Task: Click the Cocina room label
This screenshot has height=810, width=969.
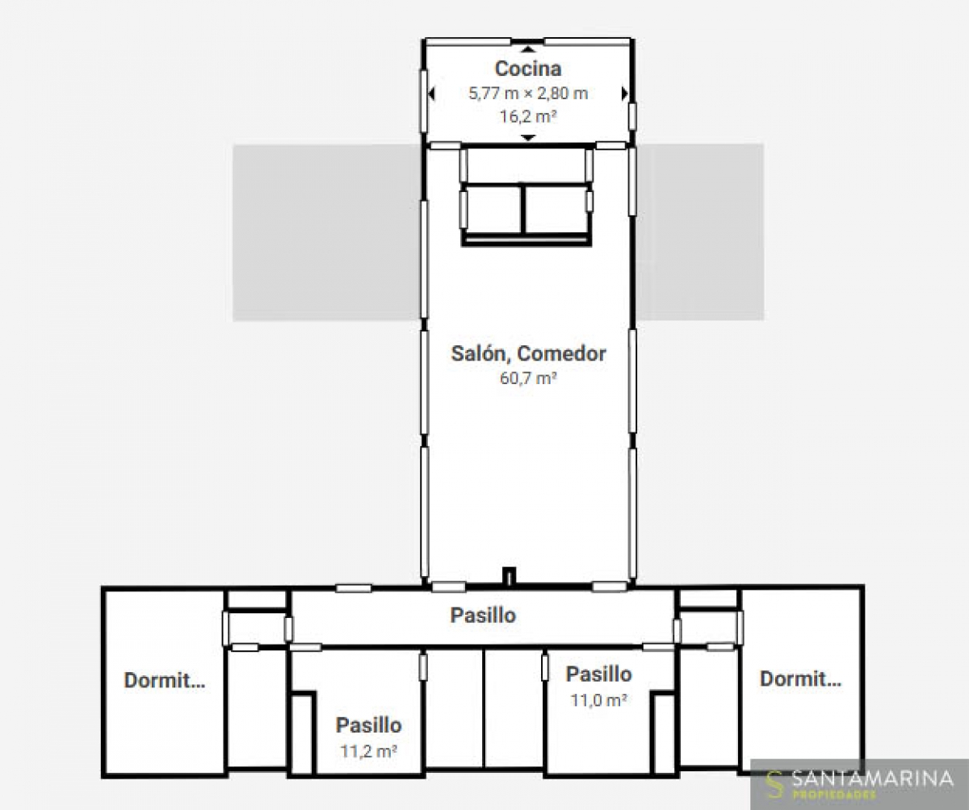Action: coord(528,69)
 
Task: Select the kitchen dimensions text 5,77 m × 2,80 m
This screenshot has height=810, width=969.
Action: coord(528,94)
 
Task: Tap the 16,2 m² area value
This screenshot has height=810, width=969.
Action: coord(528,116)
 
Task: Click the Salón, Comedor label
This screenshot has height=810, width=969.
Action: coord(529,353)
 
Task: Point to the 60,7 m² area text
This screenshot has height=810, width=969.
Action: coord(528,378)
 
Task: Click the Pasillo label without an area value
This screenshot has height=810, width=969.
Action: coord(483,616)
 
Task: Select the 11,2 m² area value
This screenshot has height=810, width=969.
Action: coord(368,751)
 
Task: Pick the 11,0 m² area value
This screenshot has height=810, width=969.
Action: coord(598,700)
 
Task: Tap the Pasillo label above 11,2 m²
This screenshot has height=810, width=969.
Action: coord(368,725)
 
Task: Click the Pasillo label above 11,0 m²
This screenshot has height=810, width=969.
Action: coord(598,674)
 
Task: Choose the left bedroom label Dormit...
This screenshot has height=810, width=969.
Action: coord(164,680)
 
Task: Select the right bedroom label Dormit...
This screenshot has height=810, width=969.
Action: coord(800,678)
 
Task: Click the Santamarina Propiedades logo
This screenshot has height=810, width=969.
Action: coord(859,784)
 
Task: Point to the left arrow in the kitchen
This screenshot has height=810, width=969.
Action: coord(431,94)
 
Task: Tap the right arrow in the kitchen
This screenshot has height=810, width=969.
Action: coord(625,94)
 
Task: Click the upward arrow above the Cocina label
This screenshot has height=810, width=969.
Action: coord(528,49)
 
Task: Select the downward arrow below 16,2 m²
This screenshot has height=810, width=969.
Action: coord(528,137)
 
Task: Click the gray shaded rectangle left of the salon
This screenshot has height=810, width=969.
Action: coord(327,232)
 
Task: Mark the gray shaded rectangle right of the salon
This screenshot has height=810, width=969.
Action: coord(699,232)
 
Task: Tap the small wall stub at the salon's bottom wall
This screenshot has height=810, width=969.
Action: coord(510,576)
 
